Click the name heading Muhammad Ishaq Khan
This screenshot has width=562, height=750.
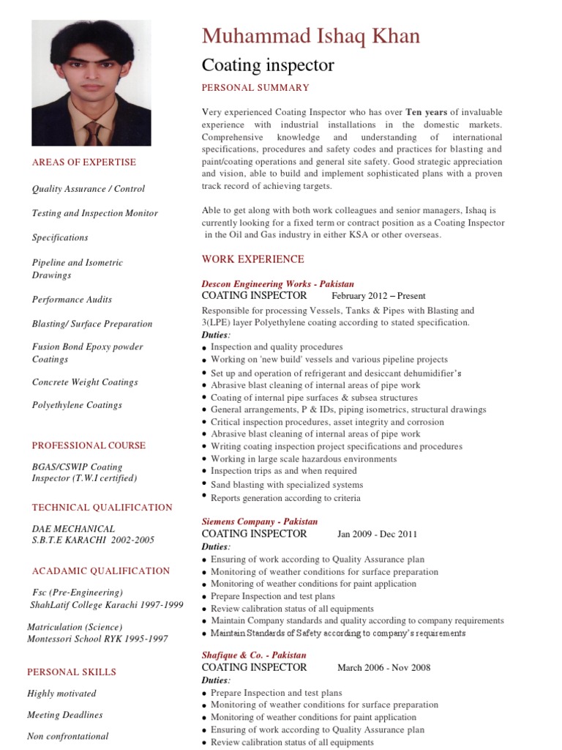[311, 36]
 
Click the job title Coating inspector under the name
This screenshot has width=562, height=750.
[268, 65]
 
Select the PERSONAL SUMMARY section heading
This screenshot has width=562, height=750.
[255, 88]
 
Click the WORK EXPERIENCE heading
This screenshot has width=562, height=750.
[252, 259]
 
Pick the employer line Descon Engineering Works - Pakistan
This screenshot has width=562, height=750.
[277, 283]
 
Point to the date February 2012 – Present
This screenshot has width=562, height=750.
[378, 296]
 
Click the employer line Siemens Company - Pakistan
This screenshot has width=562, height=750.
[259, 521]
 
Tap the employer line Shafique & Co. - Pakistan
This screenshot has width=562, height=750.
[254, 655]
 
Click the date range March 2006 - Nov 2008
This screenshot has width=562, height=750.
[383, 667]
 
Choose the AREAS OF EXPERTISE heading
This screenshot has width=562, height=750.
[84, 162]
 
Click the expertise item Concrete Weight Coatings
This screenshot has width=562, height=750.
[85, 382]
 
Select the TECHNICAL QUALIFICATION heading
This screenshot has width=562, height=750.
[102, 507]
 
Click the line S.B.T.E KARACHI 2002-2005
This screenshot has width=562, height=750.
[93, 541]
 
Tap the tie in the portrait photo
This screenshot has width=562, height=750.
[93, 133]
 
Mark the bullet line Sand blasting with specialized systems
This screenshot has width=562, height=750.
[286, 485]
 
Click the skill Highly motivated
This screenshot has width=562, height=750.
[61, 694]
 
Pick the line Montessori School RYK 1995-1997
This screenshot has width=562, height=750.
[97, 639]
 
